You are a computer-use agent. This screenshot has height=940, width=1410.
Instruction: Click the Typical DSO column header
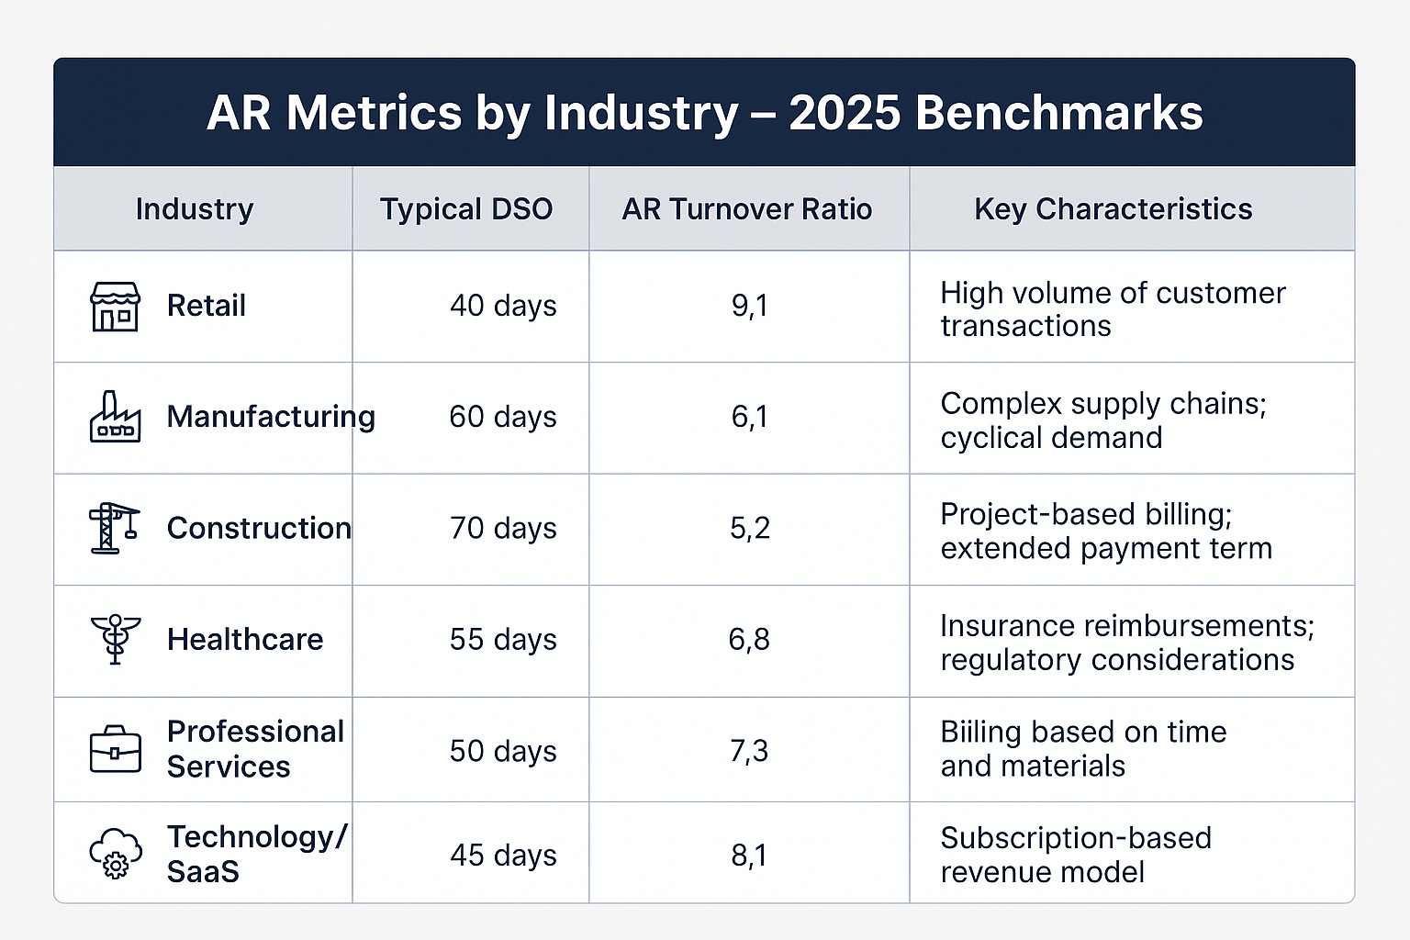[466, 209]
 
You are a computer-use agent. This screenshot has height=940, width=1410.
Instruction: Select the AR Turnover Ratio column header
[747, 209]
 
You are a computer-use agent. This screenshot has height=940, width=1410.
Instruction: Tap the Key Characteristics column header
[1113, 209]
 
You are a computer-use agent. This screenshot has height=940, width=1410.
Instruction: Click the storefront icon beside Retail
[115, 306]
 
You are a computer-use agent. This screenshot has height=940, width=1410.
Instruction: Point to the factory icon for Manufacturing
[115, 417]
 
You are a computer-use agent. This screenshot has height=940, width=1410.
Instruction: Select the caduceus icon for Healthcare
[115, 639]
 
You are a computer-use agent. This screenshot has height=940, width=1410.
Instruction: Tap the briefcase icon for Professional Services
[115, 750]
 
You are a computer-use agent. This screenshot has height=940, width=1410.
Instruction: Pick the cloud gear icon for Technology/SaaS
[116, 855]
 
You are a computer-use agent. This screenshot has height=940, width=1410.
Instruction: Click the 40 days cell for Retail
[503, 306]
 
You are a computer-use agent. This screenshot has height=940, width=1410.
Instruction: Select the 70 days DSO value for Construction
[503, 529]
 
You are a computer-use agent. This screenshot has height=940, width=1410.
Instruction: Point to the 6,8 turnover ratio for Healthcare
[749, 640]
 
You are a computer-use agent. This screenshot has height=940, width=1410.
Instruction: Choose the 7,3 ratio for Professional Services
[749, 751]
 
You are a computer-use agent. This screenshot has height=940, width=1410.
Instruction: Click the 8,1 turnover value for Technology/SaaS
[749, 856]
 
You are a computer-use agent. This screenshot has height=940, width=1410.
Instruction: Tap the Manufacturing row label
[271, 417]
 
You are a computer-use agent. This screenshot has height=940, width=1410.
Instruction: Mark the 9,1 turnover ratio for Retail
[749, 306]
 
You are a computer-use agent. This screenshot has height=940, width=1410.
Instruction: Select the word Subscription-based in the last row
[1076, 838]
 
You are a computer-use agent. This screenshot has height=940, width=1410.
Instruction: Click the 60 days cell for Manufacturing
[503, 417]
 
